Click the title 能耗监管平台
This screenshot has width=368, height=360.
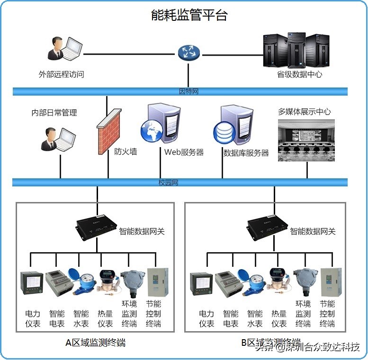tap(189, 15)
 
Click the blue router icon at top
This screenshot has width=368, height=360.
tap(189, 53)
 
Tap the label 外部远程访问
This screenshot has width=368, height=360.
tap(61, 74)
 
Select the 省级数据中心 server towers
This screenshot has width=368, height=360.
tap(296, 50)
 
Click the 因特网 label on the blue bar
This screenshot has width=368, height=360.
tap(188, 91)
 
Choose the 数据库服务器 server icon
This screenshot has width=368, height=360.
tap(232, 125)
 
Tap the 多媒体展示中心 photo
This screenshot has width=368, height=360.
tap(306, 140)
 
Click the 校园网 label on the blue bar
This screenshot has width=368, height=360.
tap(168, 183)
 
